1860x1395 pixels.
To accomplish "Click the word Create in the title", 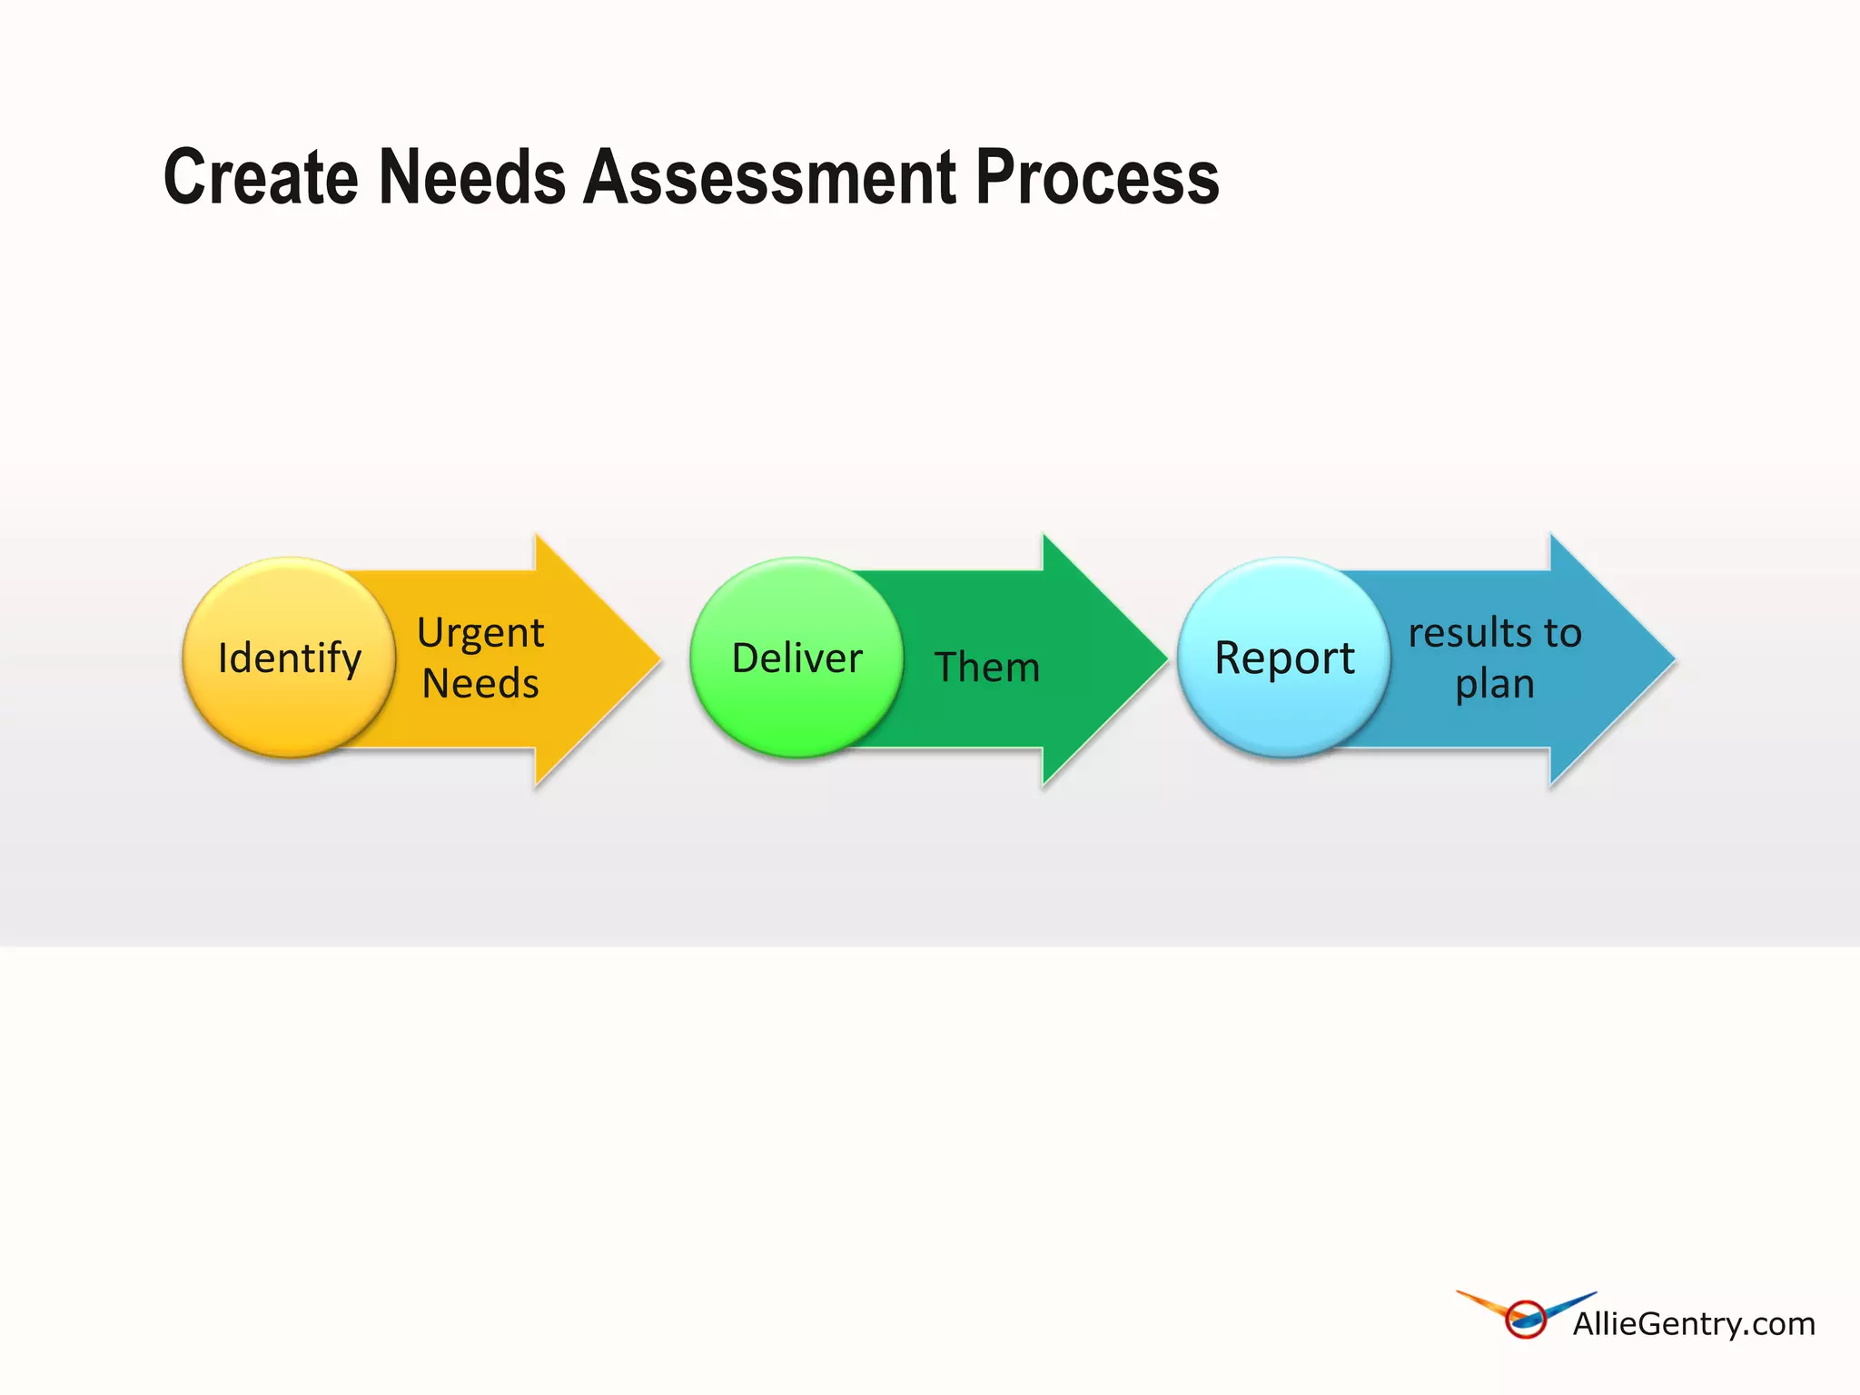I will pos(261,177).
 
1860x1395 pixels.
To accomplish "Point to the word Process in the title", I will pos(1097,177).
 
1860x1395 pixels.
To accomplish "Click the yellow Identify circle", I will pos(289,658).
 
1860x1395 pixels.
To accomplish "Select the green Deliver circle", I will pos(796,658).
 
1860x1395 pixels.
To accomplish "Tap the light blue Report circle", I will pos(1284,658).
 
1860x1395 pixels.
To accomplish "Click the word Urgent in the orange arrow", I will pos(480,633).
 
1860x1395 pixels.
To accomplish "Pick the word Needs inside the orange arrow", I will pos(480,683).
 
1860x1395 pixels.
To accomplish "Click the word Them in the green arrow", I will pos(987,668).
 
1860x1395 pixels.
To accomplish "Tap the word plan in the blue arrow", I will pos(1495,684).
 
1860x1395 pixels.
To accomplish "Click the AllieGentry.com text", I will pos(1694,1324).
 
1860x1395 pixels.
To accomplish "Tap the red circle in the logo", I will pos(1526,1320).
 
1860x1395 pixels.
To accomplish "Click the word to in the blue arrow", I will pos(1562,632).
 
